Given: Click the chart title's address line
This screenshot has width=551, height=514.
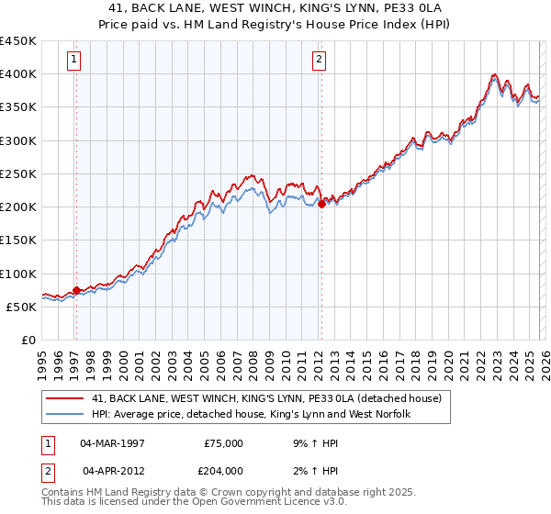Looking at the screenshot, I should point(275,8).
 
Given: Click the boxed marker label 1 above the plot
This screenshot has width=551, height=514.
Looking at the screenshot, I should point(74,61).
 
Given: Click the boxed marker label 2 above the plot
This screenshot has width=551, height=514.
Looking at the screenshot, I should point(319,61).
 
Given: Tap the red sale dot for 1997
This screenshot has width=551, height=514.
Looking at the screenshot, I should point(76,290).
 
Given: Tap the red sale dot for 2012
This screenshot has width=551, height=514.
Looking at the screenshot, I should point(321,205).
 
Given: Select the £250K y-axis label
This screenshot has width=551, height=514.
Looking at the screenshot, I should point(18,173).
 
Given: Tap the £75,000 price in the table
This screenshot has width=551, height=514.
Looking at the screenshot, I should point(223,443).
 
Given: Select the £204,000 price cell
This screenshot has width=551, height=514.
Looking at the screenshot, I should point(223,471).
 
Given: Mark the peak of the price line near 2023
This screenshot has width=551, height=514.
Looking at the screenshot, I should point(494,74).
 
